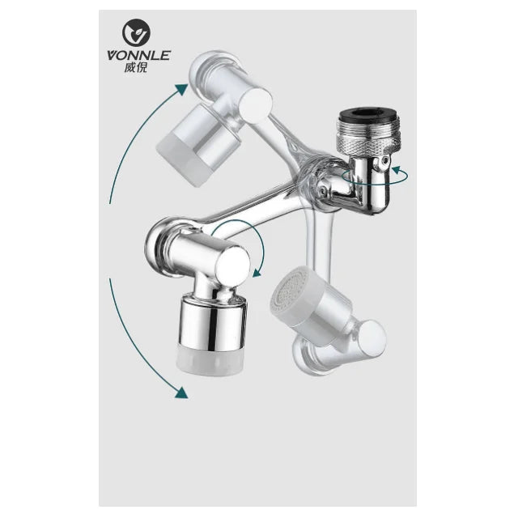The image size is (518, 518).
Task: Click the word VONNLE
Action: point(138,55)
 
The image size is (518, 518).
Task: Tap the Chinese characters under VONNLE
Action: point(136,67)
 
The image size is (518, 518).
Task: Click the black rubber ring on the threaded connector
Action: point(369,114)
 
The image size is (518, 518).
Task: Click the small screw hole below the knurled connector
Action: point(384,160)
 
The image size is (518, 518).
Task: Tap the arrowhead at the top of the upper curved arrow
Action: point(181,89)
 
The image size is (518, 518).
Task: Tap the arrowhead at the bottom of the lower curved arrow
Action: point(181,392)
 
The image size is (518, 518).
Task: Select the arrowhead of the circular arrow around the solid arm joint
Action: point(257,273)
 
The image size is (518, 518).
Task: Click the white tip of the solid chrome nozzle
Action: point(210,359)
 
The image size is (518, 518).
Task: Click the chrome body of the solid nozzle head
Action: point(212,322)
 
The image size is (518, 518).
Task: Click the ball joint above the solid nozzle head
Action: point(227,293)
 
